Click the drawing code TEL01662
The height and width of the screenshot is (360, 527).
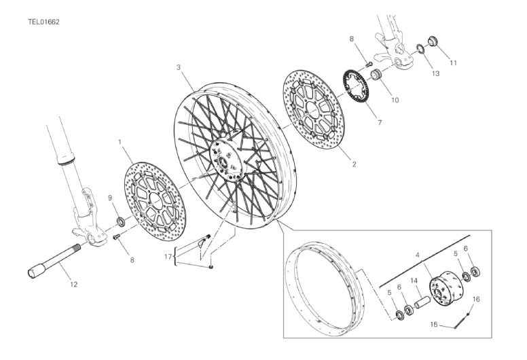[43, 22]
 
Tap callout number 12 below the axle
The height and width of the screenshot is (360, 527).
[74, 285]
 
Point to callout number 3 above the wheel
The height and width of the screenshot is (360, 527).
[179, 67]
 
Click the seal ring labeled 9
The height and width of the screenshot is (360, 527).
[120, 221]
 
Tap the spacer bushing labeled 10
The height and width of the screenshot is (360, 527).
[376, 74]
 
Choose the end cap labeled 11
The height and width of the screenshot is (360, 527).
[432, 41]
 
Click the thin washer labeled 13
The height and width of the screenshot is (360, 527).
[421, 48]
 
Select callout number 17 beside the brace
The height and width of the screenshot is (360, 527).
[168, 257]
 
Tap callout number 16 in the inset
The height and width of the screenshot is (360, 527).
[476, 299]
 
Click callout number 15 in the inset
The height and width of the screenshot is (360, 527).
[434, 325]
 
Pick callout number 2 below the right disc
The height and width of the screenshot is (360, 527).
[354, 164]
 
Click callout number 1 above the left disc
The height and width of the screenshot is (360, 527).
[120, 142]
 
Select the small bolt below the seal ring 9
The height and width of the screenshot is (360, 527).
[117, 237]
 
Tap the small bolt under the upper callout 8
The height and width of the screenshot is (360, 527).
[360, 64]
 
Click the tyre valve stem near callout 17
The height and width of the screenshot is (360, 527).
[204, 241]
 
